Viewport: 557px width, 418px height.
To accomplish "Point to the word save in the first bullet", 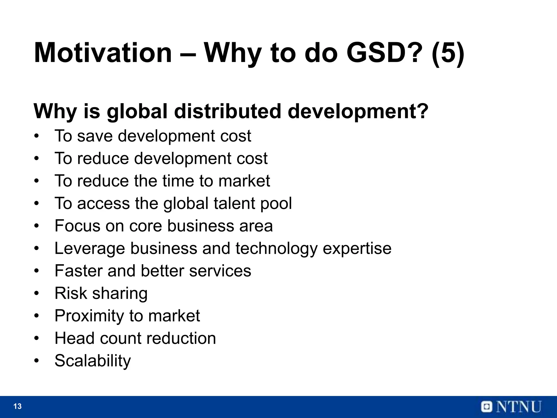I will pos(95,136).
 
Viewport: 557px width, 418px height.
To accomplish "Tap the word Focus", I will pos(77,226).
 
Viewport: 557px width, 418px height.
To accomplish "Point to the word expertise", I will pos(357,248).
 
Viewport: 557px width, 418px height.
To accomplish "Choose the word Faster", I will pos(78,271).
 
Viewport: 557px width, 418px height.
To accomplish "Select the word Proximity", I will pos(89,316).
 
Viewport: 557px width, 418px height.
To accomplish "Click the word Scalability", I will pos(93,361).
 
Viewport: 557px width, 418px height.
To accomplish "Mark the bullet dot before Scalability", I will pos(37,361).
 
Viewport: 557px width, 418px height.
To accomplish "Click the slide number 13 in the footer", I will pos(17,406).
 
